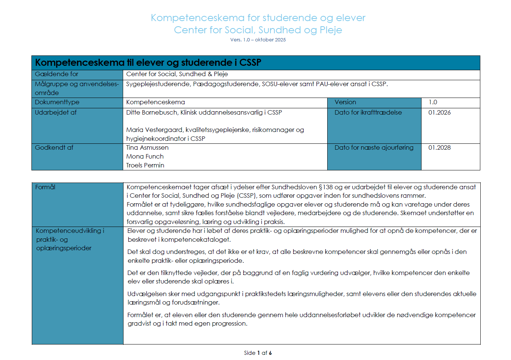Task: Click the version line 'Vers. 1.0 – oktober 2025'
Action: pyautogui.click(x=258, y=40)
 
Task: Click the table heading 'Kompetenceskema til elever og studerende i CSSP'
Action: pyautogui.click(x=148, y=63)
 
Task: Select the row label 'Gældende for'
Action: pyautogui.click(x=57, y=74)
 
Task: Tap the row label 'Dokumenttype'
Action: pyautogui.click(x=57, y=102)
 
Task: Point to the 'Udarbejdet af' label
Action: pyautogui.click(x=56, y=113)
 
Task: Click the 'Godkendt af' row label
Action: pyautogui.click(x=54, y=148)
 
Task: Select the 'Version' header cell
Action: pyautogui.click(x=345, y=102)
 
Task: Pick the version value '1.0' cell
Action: pyautogui.click(x=433, y=102)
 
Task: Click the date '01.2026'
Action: pyautogui.click(x=439, y=113)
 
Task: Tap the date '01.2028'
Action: pyautogui.click(x=439, y=148)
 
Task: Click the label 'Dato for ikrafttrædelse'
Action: pyautogui.click(x=368, y=113)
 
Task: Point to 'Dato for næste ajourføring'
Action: pyautogui.click(x=374, y=148)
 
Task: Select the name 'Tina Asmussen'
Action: pyautogui.click(x=147, y=148)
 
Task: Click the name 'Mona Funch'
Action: pyautogui.click(x=145, y=157)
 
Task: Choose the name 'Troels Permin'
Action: pyautogui.click(x=145, y=166)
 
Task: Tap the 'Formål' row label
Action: pyautogui.click(x=45, y=187)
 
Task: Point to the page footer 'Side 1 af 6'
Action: pyautogui.click(x=258, y=353)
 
